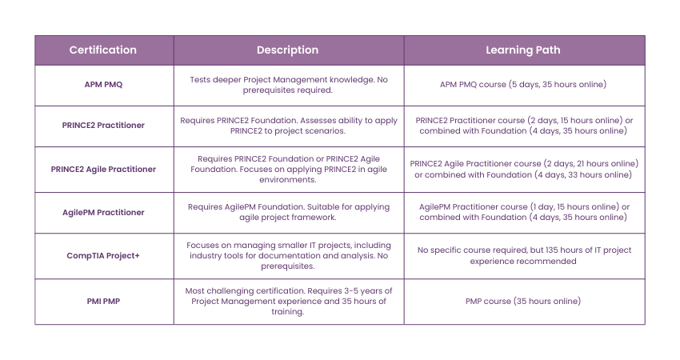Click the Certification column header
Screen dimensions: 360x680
click(x=103, y=50)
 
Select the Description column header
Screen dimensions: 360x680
click(x=287, y=50)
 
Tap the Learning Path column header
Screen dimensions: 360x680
click(x=523, y=50)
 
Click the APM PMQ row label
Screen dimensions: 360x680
click(x=103, y=85)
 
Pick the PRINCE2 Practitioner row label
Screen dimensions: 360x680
click(x=103, y=126)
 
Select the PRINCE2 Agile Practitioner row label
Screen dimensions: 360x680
click(x=103, y=169)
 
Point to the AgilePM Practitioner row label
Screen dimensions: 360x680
click(x=103, y=212)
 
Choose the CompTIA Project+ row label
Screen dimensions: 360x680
click(x=103, y=256)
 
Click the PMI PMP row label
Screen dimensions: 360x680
click(x=103, y=302)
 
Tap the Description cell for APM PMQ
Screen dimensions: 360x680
click(x=288, y=85)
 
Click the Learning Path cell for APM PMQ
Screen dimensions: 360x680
click(x=524, y=85)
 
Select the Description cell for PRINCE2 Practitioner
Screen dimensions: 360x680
click(x=288, y=126)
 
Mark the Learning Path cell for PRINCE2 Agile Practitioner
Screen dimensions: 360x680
click(x=524, y=169)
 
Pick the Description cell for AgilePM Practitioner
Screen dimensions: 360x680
click(x=288, y=212)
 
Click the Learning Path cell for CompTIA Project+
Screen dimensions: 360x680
click(x=524, y=256)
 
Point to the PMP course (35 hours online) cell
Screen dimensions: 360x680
click(x=524, y=302)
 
